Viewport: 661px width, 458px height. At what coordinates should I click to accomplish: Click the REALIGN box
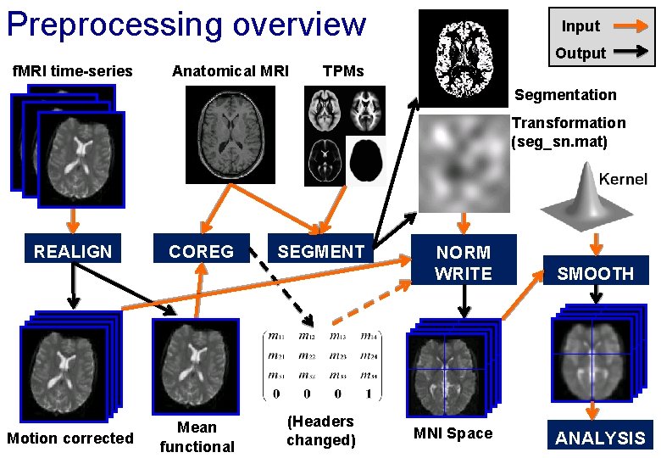[x=72, y=251]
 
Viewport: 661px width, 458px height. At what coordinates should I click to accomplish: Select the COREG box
[x=201, y=251]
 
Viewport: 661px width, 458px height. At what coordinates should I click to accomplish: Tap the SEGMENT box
[x=320, y=251]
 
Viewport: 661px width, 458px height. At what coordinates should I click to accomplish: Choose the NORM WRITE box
[x=463, y=263]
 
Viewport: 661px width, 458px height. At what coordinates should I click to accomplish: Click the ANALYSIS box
[x=600, y=438]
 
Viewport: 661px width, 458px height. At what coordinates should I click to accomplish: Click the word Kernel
[x=623, y=179]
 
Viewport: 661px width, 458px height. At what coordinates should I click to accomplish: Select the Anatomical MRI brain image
[x=231, y=135]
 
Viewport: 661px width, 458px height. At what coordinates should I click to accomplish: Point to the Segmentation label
[x=565, y=95]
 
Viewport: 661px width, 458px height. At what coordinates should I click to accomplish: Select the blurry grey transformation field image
[x=464, y=165]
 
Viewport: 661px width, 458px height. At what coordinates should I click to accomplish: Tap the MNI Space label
[x=452, y=433]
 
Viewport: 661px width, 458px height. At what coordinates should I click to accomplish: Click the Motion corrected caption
[x=69, y=438]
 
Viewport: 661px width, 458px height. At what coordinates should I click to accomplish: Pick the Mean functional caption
[x=197, y=437]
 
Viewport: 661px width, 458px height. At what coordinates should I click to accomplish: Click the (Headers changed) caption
[x=320, y=430]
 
